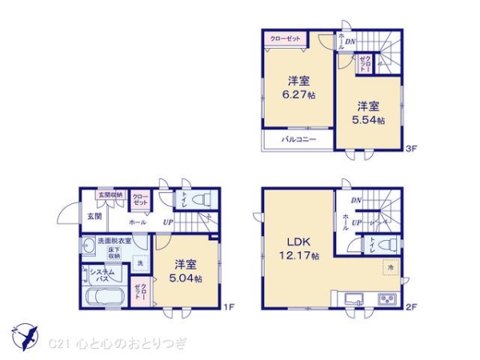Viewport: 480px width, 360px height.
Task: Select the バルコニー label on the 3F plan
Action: (298, 140)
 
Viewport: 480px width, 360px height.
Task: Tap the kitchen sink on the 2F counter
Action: (354, 301)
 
